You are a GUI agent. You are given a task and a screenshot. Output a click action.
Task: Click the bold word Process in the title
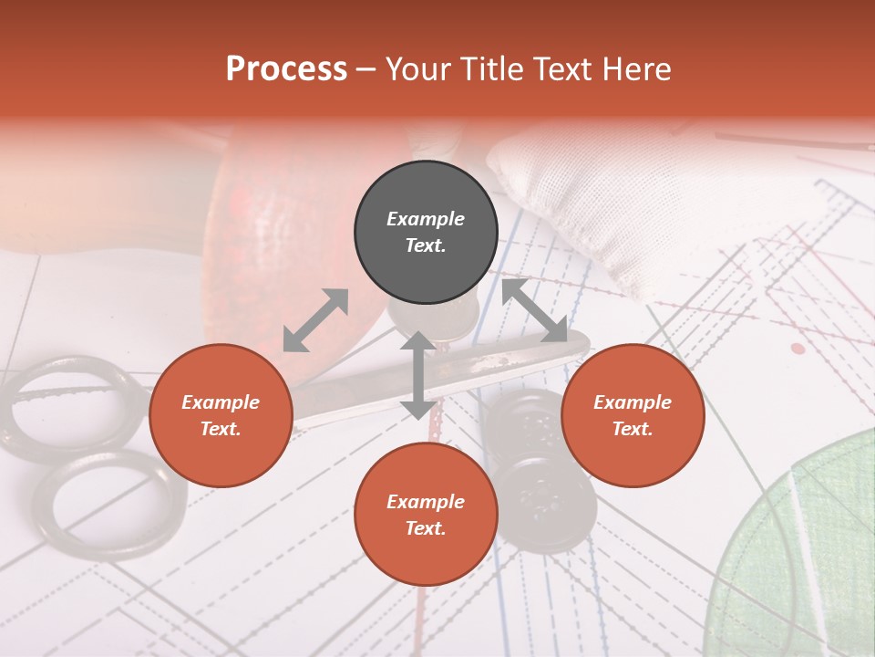pos(286,69)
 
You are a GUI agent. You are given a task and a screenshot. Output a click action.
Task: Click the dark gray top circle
pos(426,233)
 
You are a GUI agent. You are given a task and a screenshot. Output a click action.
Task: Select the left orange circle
pos(221,415)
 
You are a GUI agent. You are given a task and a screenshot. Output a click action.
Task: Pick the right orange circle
pos(633,415)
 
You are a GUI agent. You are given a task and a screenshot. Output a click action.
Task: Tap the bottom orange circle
pos(426,515)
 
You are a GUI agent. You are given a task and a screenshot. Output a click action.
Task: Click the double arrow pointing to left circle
pos(315,320)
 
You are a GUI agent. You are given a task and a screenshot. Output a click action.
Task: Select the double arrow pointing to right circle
pos(535,311)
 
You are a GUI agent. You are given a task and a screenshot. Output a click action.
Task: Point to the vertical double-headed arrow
pos(418,375)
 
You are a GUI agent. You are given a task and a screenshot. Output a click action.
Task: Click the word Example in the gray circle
pos(426,219)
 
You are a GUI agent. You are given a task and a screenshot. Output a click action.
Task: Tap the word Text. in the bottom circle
pos(426,528)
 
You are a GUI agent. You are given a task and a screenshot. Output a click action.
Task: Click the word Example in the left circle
pos(221,402)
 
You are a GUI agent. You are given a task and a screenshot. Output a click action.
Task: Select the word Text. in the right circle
pos(633,429)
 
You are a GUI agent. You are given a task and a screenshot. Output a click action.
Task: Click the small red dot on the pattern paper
pos(798,349)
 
